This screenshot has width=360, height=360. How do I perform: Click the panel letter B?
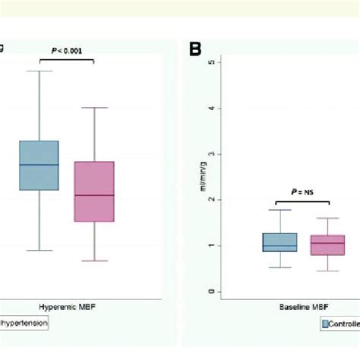[x=195, y=49]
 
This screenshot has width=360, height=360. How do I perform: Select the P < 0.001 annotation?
[x=67, y=51]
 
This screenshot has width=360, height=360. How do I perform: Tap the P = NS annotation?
[x=302, y=193]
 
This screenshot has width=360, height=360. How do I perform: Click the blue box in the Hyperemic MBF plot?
[x=39, y=165]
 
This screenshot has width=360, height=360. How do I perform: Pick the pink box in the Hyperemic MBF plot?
[x=94, y=191]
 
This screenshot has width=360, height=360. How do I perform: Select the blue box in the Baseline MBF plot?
[x=279, y=242]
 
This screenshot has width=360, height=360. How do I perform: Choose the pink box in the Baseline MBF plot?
[x=329, y=245]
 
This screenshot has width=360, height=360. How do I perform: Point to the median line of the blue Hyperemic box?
[x=39, y=165]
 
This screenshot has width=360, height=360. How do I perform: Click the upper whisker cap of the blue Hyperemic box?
[x=39, y=71]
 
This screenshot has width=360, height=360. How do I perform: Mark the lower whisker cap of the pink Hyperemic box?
[x=94, y=261]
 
